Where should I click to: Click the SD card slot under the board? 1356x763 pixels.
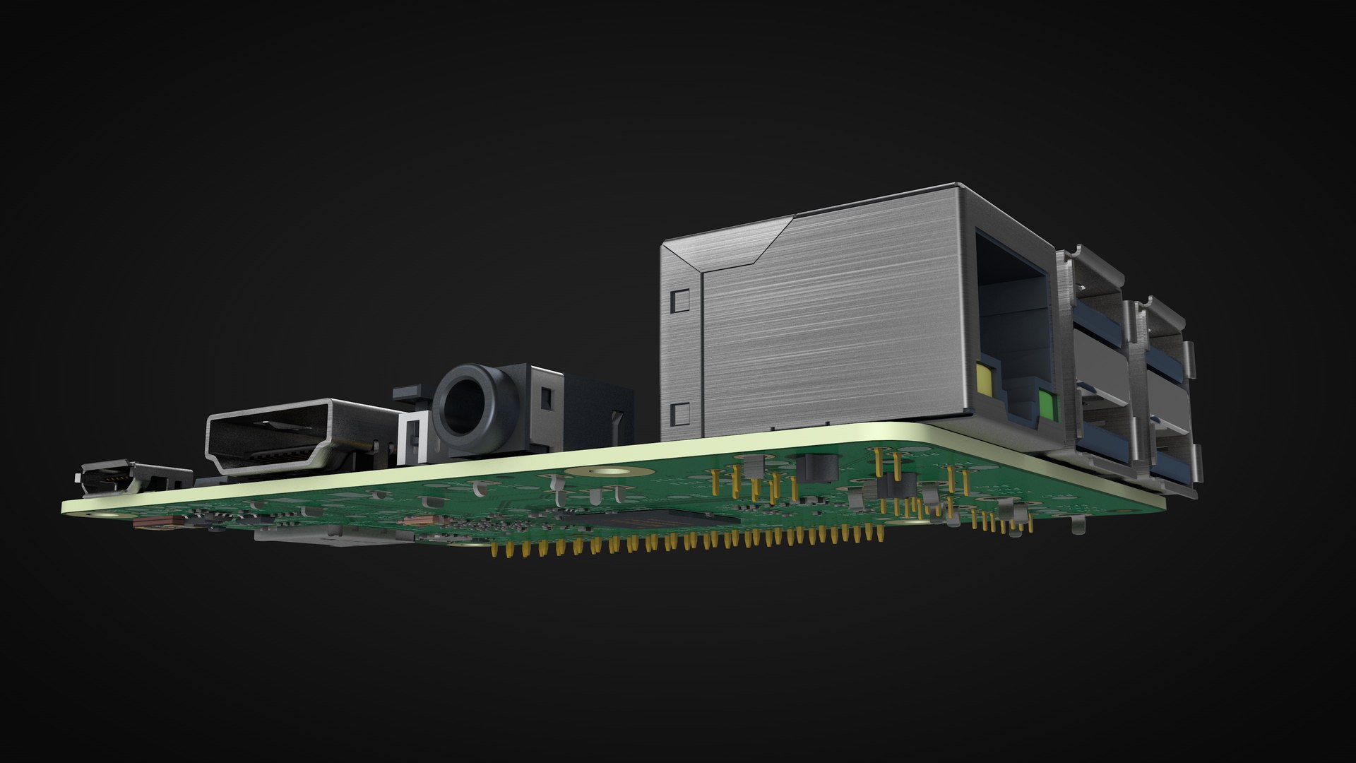click(332, 538)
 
